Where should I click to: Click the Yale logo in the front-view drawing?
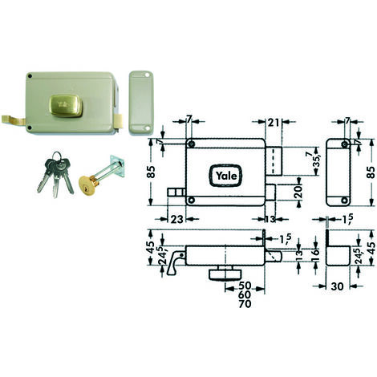pyautogui.click(x=225, y=176)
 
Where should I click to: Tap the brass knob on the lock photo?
pyautogui.click(x=66, y=105)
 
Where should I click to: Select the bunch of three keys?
pyautogui.click(x=55, y=174)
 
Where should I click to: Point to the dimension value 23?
pyautogui.click(x=176, y=219)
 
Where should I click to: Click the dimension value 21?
pyautogui.click(x=274, y=123)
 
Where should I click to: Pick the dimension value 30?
pyautogui.click(x=337, y=286)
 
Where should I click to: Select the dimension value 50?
pyautogui.click(x=245, y=286)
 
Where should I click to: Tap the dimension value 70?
pyautogui.click(x=245, y=304)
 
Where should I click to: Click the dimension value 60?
pyautogui.click(x=245, y=294)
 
